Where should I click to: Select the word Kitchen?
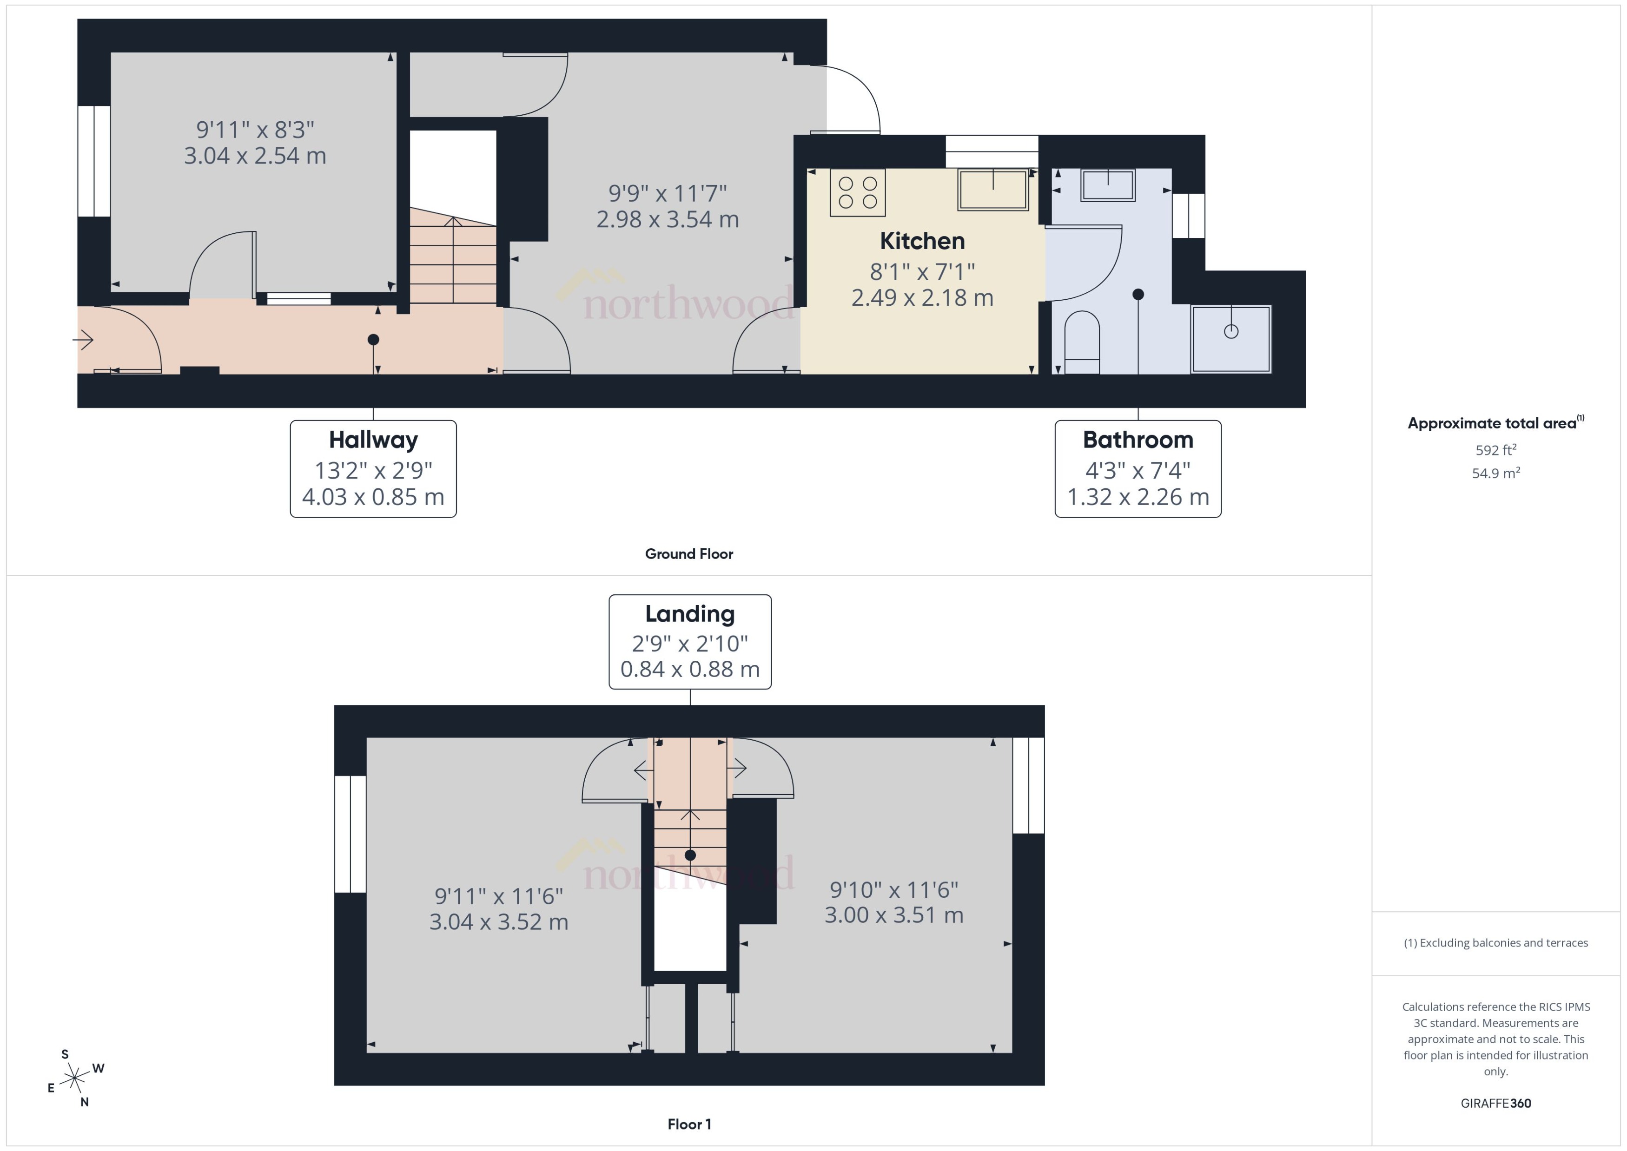(922, 241)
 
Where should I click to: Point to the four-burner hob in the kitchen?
(857, 192)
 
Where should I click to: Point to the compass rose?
(74, 1079)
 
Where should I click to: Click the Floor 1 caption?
(688, 1124)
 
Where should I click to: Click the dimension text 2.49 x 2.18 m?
(922, 298)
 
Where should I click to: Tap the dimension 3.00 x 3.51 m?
(893, 915)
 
